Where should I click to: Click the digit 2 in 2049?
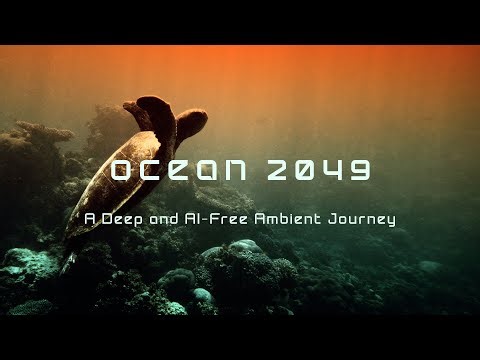pyautogui.click(x=280, y=171)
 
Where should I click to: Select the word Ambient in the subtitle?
pyautogui.click(x=283, y=216)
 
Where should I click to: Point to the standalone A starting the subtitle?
pyautogui.click(x=89, y=216)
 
